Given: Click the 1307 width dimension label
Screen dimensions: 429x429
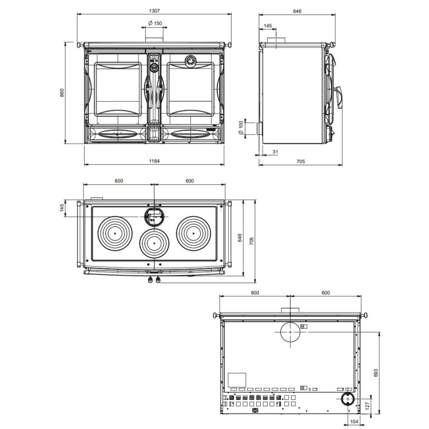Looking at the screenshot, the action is click(154, 11).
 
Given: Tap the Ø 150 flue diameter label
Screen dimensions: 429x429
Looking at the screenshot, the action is click(155, 23).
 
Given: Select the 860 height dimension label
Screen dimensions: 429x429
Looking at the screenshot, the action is click(62, 93).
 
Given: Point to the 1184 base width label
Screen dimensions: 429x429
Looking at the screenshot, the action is click(154, 161).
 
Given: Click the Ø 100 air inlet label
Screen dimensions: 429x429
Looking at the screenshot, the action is click(241, 128).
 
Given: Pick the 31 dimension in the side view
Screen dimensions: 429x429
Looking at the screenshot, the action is click(275, 152).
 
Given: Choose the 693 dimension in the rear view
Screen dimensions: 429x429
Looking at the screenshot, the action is click(376, 372).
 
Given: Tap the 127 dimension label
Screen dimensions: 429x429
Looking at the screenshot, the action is click(367, 405).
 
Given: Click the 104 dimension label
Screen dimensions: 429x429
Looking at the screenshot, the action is click(354, 422).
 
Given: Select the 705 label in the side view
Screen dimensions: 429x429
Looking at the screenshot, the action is click(301, 161).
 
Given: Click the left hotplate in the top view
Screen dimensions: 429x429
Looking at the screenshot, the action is click(115, 233).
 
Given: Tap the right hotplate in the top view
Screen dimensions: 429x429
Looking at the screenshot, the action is click(193, 233).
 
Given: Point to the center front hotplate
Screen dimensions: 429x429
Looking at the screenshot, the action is click(154, 243).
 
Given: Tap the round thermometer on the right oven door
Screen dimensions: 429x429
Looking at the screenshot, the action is click(190, 60).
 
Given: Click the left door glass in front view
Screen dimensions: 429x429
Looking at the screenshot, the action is click(118, 89).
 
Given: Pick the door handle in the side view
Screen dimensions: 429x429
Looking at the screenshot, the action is click(339, 97).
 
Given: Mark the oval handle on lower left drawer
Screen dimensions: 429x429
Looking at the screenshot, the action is click(118, 134).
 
